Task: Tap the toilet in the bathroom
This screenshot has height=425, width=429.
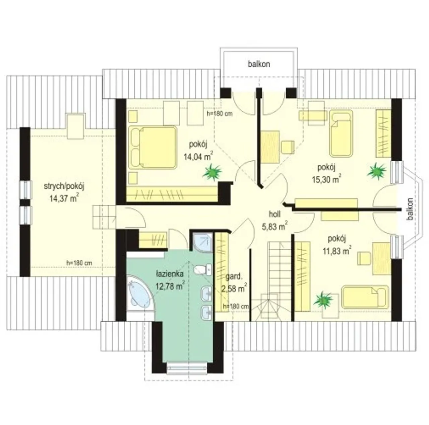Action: (203, 270)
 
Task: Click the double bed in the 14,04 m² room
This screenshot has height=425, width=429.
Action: (153, 147)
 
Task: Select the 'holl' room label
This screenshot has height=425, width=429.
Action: (274, 214)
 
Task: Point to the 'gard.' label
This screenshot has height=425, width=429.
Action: (234, 277)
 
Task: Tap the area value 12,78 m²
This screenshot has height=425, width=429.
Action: (170, 286)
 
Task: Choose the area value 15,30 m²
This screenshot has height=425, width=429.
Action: (326, 179)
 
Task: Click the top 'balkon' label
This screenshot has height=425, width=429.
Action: (259, 64)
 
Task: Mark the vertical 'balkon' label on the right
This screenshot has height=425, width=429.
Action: (410, 209)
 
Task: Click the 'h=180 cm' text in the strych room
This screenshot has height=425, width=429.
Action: (79, 263)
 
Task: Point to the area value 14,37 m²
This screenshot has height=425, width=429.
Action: (64, 198)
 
